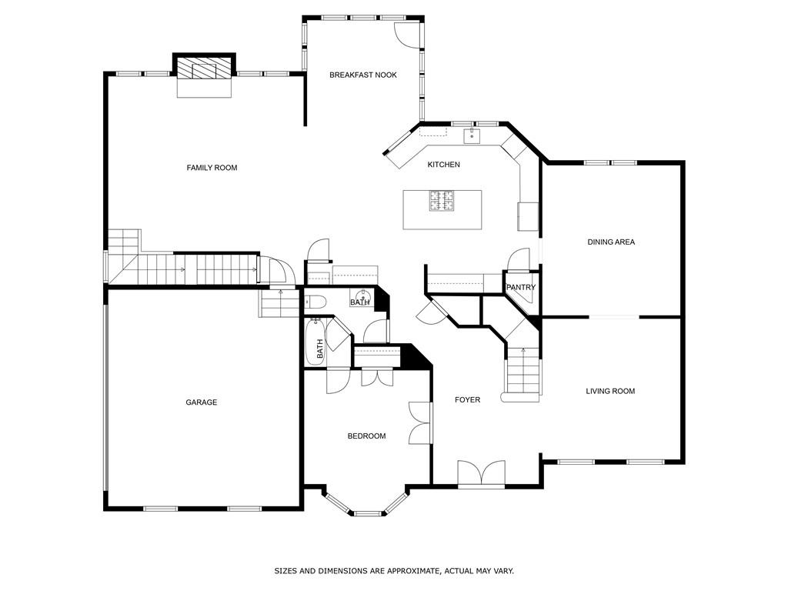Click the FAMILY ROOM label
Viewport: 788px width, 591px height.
click(x=212, y=168)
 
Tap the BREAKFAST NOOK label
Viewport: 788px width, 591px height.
click(x=363, y=75)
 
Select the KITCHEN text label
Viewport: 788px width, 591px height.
click(x=443, y=165)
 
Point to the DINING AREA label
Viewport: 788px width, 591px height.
click(x=611, y=242)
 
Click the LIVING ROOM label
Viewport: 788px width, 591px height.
click(x=610, y=391)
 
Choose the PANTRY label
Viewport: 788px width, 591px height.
click(x=520, y=288)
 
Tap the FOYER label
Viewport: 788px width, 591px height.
click(x=467, y=400)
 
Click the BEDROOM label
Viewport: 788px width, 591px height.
click(x=366, y=436)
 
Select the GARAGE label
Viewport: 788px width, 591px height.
click(x=201, y=402)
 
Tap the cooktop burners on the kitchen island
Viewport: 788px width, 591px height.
click(x=442, y=202)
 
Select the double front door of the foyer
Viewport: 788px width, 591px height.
click(x=481, y=473)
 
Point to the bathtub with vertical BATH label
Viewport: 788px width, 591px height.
click(x=316, y=345)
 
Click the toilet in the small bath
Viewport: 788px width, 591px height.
click(x=316, y=301)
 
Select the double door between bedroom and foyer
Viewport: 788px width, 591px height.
click(x=420, y=423)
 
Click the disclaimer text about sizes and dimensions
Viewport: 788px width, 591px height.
click(x=394, y=571)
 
